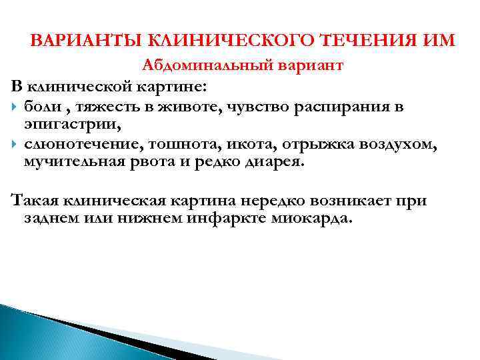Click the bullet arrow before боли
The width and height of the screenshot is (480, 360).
pyautogui.click(x=15, y=107)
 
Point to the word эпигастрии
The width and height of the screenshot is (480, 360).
pyautogui.click(x=58, y=124)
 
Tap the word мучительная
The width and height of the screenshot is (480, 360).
pyautogui.click(x=68, y=162)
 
